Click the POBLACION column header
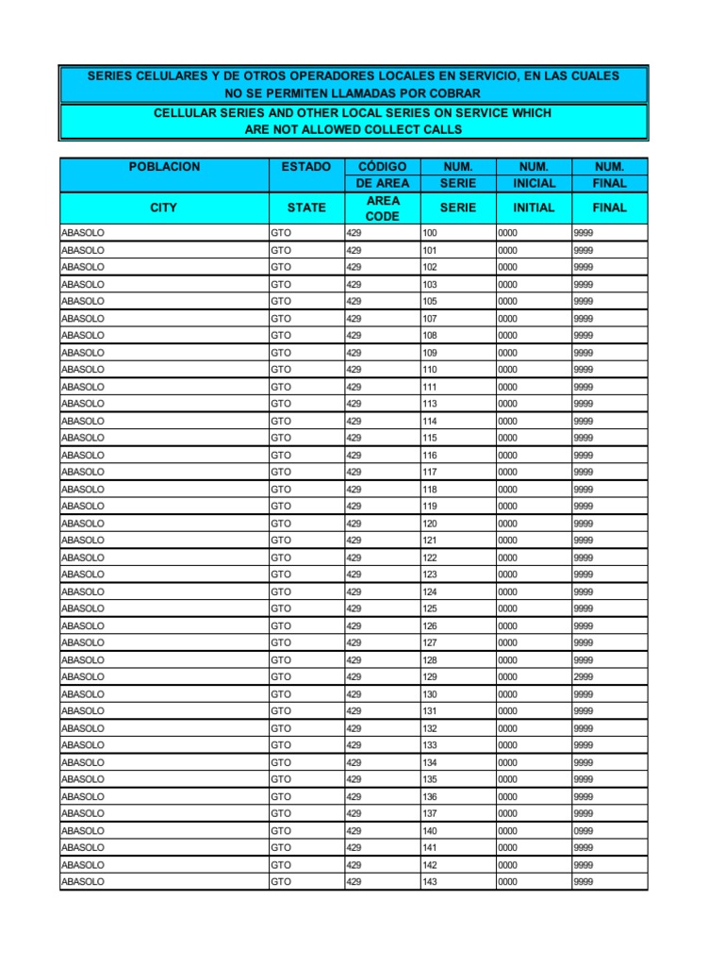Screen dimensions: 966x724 tap(164, 166)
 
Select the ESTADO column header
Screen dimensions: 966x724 tap(306, 166)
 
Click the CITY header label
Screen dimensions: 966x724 tap(164, 208)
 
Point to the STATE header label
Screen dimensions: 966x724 tap(306, 208)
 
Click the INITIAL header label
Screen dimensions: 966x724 tap(534, 208)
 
